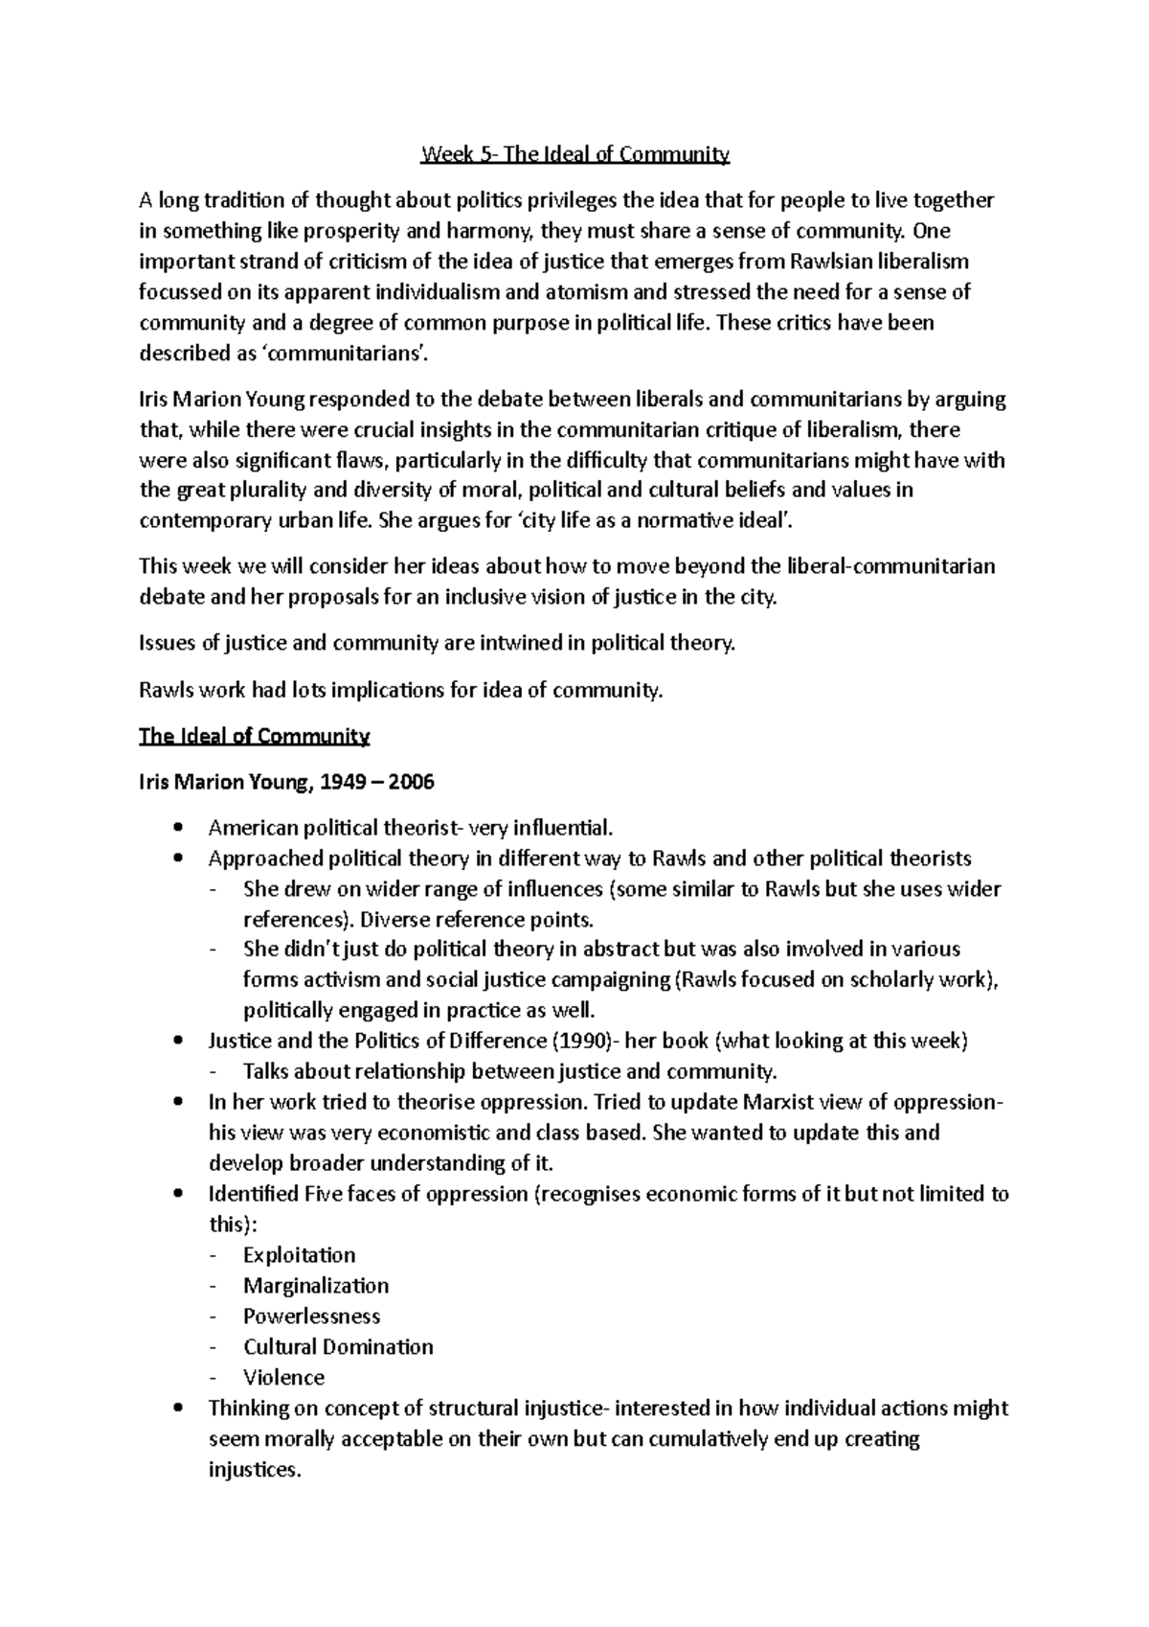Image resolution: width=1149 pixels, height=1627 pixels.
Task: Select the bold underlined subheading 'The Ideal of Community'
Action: (254, 736)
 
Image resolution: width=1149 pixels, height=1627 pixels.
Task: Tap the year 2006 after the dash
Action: (413, 782)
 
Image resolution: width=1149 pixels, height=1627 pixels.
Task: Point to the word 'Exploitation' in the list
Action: (299, 1255)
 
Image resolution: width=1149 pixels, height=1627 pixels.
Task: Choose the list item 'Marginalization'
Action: (316, 1286)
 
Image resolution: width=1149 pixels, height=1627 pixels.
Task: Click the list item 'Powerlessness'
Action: (311, 1317)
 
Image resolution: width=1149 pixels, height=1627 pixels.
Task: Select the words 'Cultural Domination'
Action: (338, 1347)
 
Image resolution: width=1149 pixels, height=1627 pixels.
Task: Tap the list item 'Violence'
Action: (283, 1378)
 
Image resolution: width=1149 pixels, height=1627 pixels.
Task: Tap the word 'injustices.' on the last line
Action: (254, 1470)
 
